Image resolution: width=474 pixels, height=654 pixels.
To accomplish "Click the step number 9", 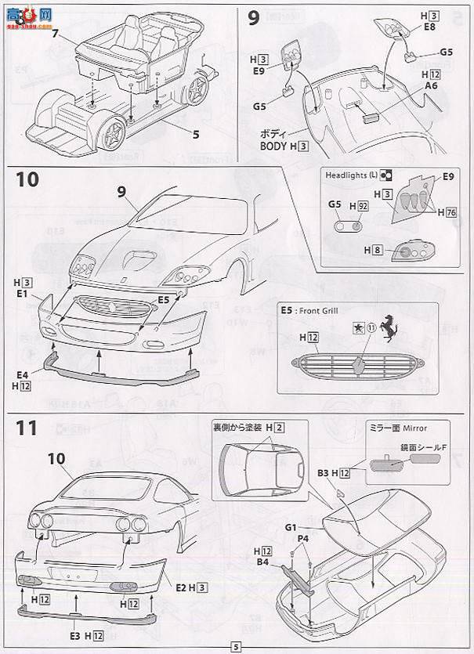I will [253, 18].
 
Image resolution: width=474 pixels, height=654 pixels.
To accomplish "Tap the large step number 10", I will [25, 179].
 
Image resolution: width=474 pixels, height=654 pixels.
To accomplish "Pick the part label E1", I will [20, 294].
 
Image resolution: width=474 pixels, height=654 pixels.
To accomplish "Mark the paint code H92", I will [362, 205].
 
